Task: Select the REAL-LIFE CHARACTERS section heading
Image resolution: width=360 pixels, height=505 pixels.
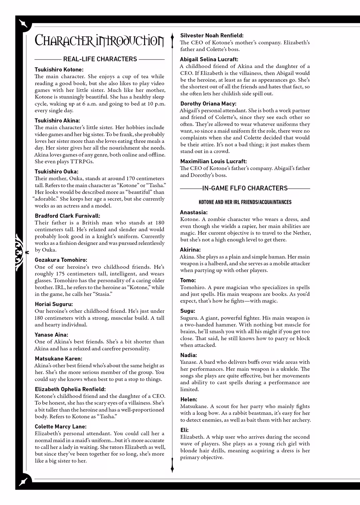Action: pyautogui.click(x=100, y=59)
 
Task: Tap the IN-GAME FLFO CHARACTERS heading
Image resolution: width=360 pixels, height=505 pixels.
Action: pyautogui.click(x=245, y=188)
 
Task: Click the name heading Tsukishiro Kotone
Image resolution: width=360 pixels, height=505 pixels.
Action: pyautogui.click(x=59, y=70)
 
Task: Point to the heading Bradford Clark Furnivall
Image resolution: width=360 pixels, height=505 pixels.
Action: pyautogui.click(x=67, y=216)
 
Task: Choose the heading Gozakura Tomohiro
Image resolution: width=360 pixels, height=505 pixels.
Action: pyautogui.click(x=61, y=260)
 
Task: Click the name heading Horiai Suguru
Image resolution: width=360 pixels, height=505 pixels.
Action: pyautogui.click(x=54, y=304)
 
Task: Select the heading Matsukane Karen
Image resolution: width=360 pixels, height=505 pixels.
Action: pyautogui.click(x=58, y=359)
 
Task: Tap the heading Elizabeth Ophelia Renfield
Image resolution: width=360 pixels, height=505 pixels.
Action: pyautogui.click(x=70, y=389)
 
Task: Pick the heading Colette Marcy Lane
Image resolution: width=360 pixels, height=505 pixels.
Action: pyautogui.click(x=60, y=426)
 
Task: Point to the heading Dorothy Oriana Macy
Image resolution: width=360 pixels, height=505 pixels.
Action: pyautogui.click(x=208, y=104)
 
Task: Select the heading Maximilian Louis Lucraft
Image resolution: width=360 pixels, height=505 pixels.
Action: pyautogui.click(x=213, y=161)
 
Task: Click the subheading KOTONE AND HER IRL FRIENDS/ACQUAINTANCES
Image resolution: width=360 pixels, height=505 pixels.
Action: pyautogui.click(x=245, y=202)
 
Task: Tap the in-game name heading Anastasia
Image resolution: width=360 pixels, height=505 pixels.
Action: pyautogui.click(x=194, y=212)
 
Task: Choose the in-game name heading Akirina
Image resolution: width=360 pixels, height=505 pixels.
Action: pyautogui.click(x=190, y=250)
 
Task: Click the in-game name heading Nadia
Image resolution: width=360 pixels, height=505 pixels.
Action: pyautogui.click(x=189, y=355)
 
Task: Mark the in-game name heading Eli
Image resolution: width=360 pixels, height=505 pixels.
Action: pyautogui.click(x=184, y=430)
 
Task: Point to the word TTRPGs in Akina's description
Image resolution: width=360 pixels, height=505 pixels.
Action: pyautogui.click(x=82, y=162)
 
